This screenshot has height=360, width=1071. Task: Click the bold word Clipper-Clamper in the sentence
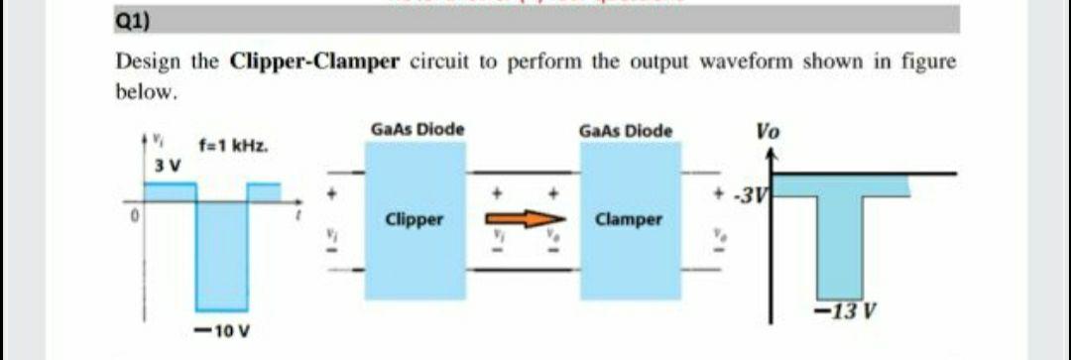(x=314, y=61)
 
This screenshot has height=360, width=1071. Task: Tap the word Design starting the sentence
(x=149, y=61)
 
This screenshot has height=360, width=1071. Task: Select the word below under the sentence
(x=148, y=92)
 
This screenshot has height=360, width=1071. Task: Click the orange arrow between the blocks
(x=525, y=219)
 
